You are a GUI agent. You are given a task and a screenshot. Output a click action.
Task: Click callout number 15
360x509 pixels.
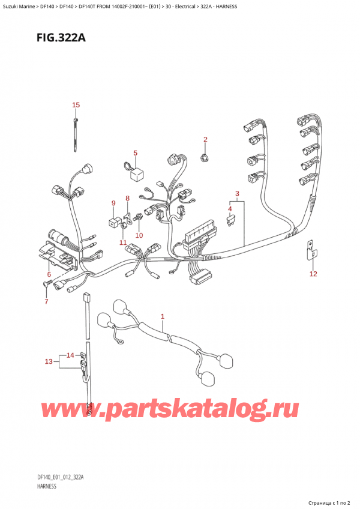[76, 106]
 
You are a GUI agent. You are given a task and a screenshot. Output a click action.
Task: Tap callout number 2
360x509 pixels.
[205, 140]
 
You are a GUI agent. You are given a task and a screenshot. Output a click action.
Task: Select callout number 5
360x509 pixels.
[135, 153]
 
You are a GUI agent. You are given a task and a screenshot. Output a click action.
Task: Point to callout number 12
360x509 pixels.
[313, 274]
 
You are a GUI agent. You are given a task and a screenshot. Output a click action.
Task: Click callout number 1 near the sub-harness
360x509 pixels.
[162, 316]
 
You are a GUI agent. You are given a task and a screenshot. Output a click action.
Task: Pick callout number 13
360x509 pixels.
[49, 361]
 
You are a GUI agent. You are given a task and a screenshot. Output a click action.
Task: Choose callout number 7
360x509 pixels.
[46, 301]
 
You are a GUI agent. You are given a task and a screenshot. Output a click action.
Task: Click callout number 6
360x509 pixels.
[49, 274]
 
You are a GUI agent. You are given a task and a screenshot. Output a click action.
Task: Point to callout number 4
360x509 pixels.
[229, 208]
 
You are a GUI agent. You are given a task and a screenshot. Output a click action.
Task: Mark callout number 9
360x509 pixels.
[113, 203]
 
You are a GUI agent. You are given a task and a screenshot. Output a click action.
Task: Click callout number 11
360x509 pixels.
[123, 242]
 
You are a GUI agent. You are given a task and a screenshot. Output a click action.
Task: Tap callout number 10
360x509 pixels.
[139, 235]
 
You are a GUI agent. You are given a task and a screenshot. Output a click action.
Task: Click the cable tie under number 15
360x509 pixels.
[77, 135]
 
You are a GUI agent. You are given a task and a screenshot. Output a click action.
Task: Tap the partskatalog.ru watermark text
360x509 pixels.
[171, 409]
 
